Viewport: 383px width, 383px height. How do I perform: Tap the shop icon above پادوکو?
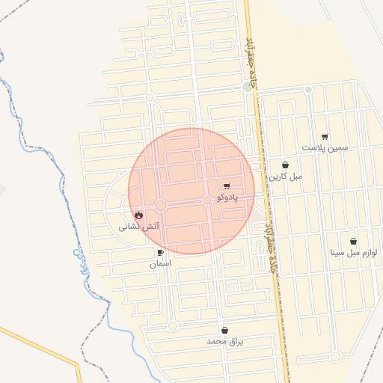pyautogui.click(x=227, y=185)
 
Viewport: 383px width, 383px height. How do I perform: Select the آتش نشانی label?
pyautogui.click(x=139, y=225)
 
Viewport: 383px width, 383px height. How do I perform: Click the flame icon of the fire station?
pyautogui.click(x=139, y=215)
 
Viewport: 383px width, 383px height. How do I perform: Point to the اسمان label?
pyautogui.click(x=160, y=264)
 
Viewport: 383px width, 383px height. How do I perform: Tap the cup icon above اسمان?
pyautogui.click(x=160, y=253)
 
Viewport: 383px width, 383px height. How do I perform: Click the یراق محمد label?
pyautogui.click(x=225, y=341)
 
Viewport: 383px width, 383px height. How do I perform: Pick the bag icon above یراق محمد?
pyautogui.click(x=224, y=330)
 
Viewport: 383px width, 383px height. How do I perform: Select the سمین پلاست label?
pyautogui.click(x=325, y=148)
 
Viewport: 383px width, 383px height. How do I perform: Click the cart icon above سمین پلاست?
pyautogui.click(x=324, y=137)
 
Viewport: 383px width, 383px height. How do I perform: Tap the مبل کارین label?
pyautogui.click(x=286, y=177)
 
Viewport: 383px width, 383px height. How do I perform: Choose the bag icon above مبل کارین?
pyautogui.click(x=285, y=165)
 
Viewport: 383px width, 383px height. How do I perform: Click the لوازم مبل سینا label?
pyautogui.click(x=353, y=253)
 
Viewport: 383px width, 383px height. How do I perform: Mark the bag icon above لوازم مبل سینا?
pyautogui.click(x=353, y=242)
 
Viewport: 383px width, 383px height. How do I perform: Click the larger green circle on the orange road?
pyautogui.click(x=248, y=88)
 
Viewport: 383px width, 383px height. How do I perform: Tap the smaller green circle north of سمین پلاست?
pyautogui.click(x=308, y=90)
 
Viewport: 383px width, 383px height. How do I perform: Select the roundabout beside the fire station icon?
pyautogui.click(x=160, y=206)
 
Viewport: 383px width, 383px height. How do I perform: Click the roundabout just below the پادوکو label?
pyautogui.click(x=207, y=200)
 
